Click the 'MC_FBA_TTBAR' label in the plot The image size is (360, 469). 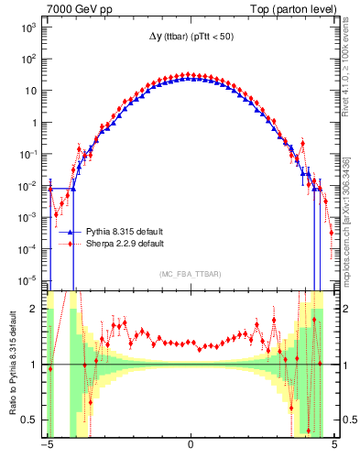tap(191, 274)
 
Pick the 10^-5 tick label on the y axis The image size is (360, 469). tap(27, 279)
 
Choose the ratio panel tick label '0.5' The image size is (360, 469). tap(32, 420)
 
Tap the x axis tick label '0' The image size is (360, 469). tap(191, 446)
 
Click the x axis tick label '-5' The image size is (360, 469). tap(46, 446)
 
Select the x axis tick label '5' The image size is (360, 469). tap(334, 446)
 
